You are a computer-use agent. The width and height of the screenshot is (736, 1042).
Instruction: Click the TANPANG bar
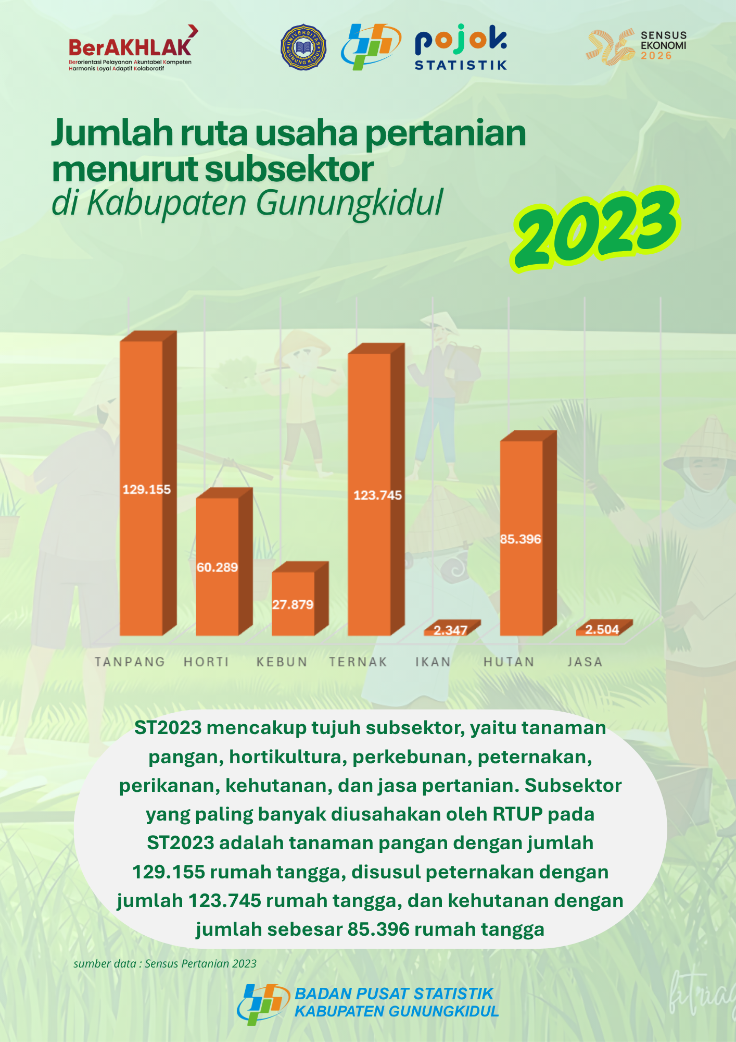tap(148, 483)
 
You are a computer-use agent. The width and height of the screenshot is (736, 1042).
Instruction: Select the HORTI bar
tap(224, 562)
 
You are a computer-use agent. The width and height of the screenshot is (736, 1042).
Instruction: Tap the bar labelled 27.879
tap(300, 599)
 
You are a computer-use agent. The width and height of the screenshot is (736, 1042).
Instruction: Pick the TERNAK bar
tap(376, 490)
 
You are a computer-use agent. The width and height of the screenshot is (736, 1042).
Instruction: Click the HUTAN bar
tap(528, 533)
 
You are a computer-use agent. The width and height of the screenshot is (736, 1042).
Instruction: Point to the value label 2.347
tap(450, 630)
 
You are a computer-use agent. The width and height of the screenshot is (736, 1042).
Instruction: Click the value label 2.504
tap(602, 629)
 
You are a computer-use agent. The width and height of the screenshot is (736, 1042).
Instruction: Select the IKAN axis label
tap(433, 662)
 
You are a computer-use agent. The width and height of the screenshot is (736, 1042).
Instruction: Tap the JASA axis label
tap(585, 662)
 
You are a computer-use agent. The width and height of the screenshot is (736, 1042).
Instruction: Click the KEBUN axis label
tap(282, 662)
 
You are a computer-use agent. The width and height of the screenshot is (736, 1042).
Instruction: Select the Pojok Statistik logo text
tap(461, 49)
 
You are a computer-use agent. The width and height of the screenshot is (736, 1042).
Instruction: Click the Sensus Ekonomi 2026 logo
tap(636, 46)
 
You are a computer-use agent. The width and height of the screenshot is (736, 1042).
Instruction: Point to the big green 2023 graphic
tap(595, 229)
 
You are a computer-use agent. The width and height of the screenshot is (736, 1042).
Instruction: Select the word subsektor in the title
tap(289, 169)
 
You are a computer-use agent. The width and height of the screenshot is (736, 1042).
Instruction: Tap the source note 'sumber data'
tap(165, 963)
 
